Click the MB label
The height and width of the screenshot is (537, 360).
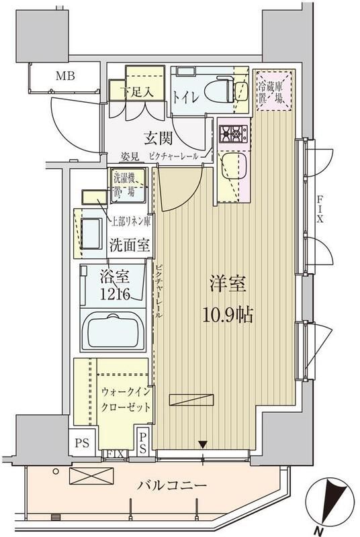click(x=64, y=75)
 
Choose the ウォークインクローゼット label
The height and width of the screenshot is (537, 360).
click(x=126, y=399)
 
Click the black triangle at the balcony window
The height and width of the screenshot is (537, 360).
click(x=202, y=443)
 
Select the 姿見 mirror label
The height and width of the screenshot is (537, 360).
click(x=130, y=157)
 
